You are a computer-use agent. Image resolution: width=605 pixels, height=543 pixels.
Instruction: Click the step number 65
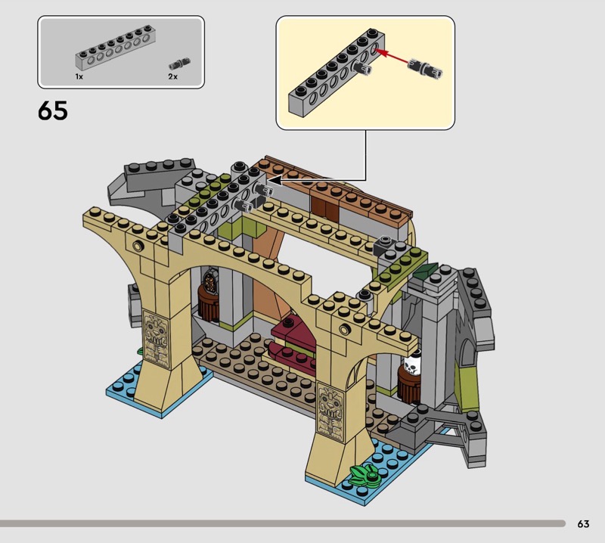[x=52, y=110]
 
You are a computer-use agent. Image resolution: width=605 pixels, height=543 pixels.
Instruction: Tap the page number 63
[x=583, y=523]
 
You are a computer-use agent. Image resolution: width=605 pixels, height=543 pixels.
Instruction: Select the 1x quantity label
[x=79, y=77]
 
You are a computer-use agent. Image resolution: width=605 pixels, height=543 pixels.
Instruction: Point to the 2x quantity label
[x=173, y=77]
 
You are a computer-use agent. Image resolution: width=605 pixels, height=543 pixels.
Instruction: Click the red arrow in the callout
[x=392, y=57]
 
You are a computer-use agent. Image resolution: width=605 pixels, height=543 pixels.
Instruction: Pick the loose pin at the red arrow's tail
[x=425, y=69]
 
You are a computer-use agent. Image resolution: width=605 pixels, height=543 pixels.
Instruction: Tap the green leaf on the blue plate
[x=365, y=475]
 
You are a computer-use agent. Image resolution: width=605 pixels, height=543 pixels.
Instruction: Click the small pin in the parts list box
[x=179, y=62]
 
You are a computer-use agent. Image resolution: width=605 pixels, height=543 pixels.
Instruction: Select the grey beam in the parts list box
[x=113, y=47]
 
